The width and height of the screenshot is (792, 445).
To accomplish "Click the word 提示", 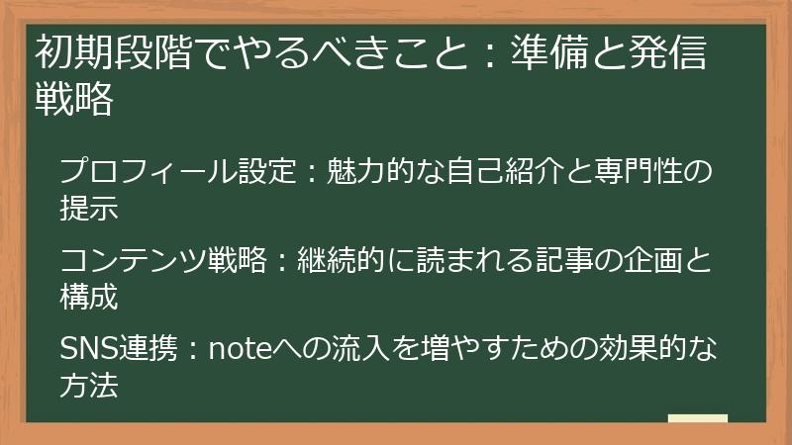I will tap(89, 209).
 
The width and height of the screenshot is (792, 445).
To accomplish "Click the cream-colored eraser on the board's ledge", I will tap(697, 419).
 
